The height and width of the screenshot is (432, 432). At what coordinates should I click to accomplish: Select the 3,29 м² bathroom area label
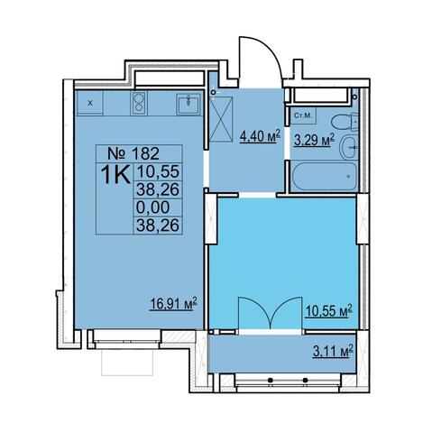[x=314, y=139]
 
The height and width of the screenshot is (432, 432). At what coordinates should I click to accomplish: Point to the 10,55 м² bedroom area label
[x=328, y=310]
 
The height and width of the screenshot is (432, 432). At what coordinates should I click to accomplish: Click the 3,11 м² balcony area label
[x=332, y=351]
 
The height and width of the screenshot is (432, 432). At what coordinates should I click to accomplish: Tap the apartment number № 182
[x=133, y=154]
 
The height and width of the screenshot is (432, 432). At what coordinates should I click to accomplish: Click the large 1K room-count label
[x=115, y=174]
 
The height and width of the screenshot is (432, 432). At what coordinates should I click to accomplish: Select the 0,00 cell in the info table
[x=152, y=207]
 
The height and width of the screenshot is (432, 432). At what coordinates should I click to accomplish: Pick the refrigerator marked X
[x=90, y=103]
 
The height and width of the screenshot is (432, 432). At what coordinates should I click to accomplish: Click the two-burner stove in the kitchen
[x=139, y=103]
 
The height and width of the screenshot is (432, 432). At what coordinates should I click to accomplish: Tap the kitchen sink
[x=188, y=104]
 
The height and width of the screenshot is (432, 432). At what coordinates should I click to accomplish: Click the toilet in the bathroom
[x=345, y=122]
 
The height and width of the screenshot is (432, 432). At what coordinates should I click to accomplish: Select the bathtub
[x=325, y=177]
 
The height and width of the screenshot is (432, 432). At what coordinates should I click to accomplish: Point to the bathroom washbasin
[x=349, y=147]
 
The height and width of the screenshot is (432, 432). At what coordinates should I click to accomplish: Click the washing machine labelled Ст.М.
[x=303, y=115]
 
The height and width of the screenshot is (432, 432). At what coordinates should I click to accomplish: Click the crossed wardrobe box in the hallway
[x=221, y=119]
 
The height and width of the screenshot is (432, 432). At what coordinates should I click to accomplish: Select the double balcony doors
[x=270, y=314]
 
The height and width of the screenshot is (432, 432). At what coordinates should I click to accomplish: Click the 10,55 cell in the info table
[x=158, y=171]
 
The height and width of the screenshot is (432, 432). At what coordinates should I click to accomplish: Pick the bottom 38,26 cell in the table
[x=158, y=225]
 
